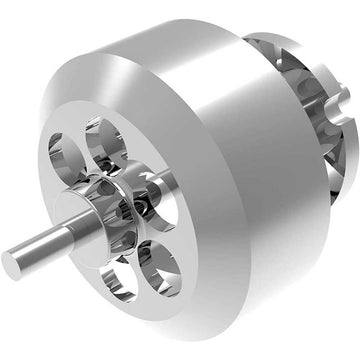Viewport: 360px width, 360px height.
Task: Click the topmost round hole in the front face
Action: coord(106,141)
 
